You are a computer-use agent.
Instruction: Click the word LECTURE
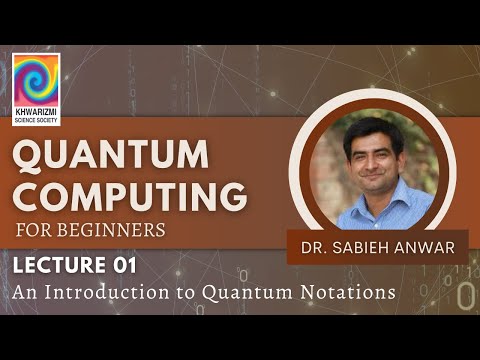(x=60, y=266)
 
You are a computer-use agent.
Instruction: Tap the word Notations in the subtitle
(x=345, y=292)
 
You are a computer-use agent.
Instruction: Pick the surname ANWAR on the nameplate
(x=424, y=246)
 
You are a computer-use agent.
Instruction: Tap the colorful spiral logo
(x=36, y=79)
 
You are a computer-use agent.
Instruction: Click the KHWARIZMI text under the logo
(x=36, y=111)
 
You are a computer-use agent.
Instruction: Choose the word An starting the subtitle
(x=25, y=292)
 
